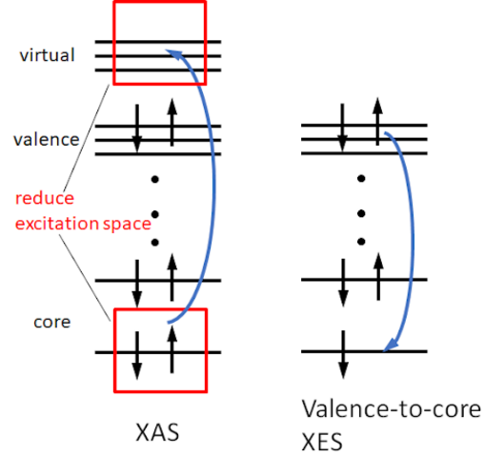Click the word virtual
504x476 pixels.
tap(48, 55)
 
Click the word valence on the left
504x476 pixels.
tap(47, 140)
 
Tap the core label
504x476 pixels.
tap(52, 322)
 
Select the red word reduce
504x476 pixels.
tap(45, 198)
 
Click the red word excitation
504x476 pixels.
tap(57, 224)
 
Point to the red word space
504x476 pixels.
tap(127, 225)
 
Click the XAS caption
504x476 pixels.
tap(157, 432)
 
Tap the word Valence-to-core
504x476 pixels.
tap(392, 409)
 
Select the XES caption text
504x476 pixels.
tap(322, 443)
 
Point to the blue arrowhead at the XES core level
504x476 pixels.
tap(391, 346)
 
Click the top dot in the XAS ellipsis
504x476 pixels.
tap(155, 179)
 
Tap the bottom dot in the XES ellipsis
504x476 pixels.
tap(361, 241)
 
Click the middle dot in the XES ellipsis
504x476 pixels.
tap(361, 213)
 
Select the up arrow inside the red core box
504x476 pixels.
tap(171, 349)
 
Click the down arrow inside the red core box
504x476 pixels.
tap(137, 355)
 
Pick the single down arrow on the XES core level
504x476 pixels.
tap(343, 354)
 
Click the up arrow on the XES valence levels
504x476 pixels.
tap(377, 121)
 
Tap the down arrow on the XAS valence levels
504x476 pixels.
tap(137, 129)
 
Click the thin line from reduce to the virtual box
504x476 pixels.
tap(86, 138)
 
